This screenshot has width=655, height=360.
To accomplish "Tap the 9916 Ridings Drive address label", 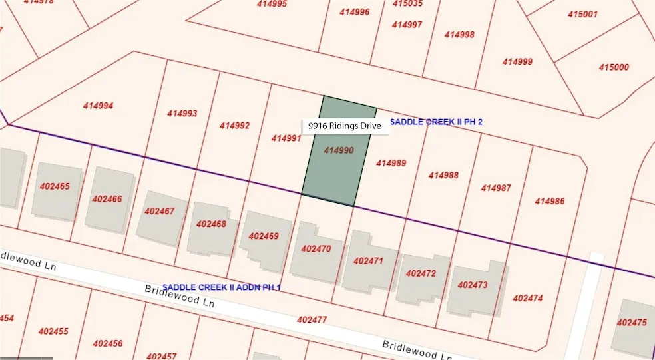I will tap(345, 126).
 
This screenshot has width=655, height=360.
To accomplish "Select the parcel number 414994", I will tap(98, 106).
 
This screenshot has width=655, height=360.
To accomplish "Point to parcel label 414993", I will tap(182, 114).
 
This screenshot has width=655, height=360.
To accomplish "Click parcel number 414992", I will tap(234, 126).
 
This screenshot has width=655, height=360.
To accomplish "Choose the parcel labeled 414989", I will tap(391, 162).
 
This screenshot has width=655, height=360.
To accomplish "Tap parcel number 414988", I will tap(443, 175).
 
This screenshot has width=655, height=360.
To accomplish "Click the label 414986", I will tap(549, 201).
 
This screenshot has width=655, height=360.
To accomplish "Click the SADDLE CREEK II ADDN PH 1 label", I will tap(222, 287).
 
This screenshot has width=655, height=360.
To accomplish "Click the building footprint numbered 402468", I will tap(212, 225).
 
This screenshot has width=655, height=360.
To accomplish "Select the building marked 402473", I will tap(473, 285).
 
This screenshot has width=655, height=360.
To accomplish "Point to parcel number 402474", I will tap(527, 298).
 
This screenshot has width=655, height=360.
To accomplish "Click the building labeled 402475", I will tap(632, 323).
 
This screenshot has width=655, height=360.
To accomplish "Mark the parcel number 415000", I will tap(614, 67).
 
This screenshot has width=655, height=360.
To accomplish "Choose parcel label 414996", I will tap(355, 12).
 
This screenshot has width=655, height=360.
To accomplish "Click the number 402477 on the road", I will tap(312, 320).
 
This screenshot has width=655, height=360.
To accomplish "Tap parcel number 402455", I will tap(53, 331).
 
